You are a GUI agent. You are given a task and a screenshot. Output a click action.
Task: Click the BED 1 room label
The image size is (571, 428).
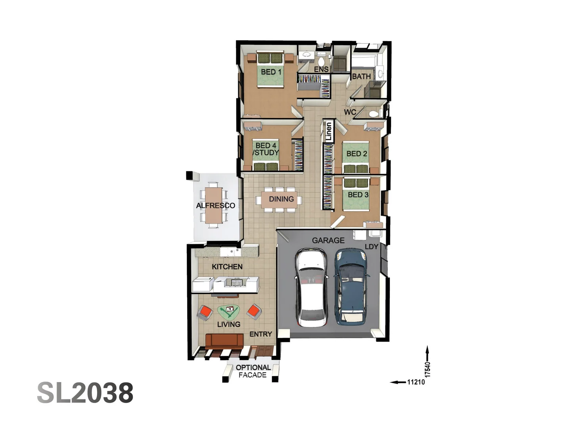(271, 72)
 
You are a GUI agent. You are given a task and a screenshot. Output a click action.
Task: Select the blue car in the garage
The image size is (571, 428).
(351, 287)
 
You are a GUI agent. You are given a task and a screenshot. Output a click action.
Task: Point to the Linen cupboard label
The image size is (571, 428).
(328, 132)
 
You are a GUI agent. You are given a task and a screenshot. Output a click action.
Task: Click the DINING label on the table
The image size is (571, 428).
(281, 199)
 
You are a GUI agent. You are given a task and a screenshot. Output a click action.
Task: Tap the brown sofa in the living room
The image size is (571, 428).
(224, 340)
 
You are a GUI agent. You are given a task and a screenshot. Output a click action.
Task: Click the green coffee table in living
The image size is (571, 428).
(228, 311)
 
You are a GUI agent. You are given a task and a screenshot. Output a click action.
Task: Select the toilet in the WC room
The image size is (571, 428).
(374, 114)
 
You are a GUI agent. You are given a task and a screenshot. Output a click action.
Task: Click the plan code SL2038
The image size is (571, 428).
(85, 393)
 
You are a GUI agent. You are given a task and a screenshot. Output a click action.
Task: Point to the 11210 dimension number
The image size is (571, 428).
(416, 382)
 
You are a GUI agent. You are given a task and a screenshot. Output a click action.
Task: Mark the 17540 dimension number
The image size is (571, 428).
(427, 369)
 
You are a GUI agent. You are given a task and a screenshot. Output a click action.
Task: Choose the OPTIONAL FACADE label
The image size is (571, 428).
(253, 371)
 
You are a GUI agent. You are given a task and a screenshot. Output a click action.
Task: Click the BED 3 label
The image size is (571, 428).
(358, 195)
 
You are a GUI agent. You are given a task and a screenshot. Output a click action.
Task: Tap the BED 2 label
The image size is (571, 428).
(356, 153)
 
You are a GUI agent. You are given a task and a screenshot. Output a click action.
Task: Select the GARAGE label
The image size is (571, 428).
(328, 240)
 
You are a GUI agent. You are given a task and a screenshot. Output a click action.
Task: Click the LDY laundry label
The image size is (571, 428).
(371, 246)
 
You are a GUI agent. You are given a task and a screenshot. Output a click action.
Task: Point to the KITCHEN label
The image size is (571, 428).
(227, 267)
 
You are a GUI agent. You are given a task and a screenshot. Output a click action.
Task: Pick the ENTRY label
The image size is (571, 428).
(261, 334)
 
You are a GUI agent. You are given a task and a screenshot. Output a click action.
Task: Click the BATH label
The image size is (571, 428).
(361, 76)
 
